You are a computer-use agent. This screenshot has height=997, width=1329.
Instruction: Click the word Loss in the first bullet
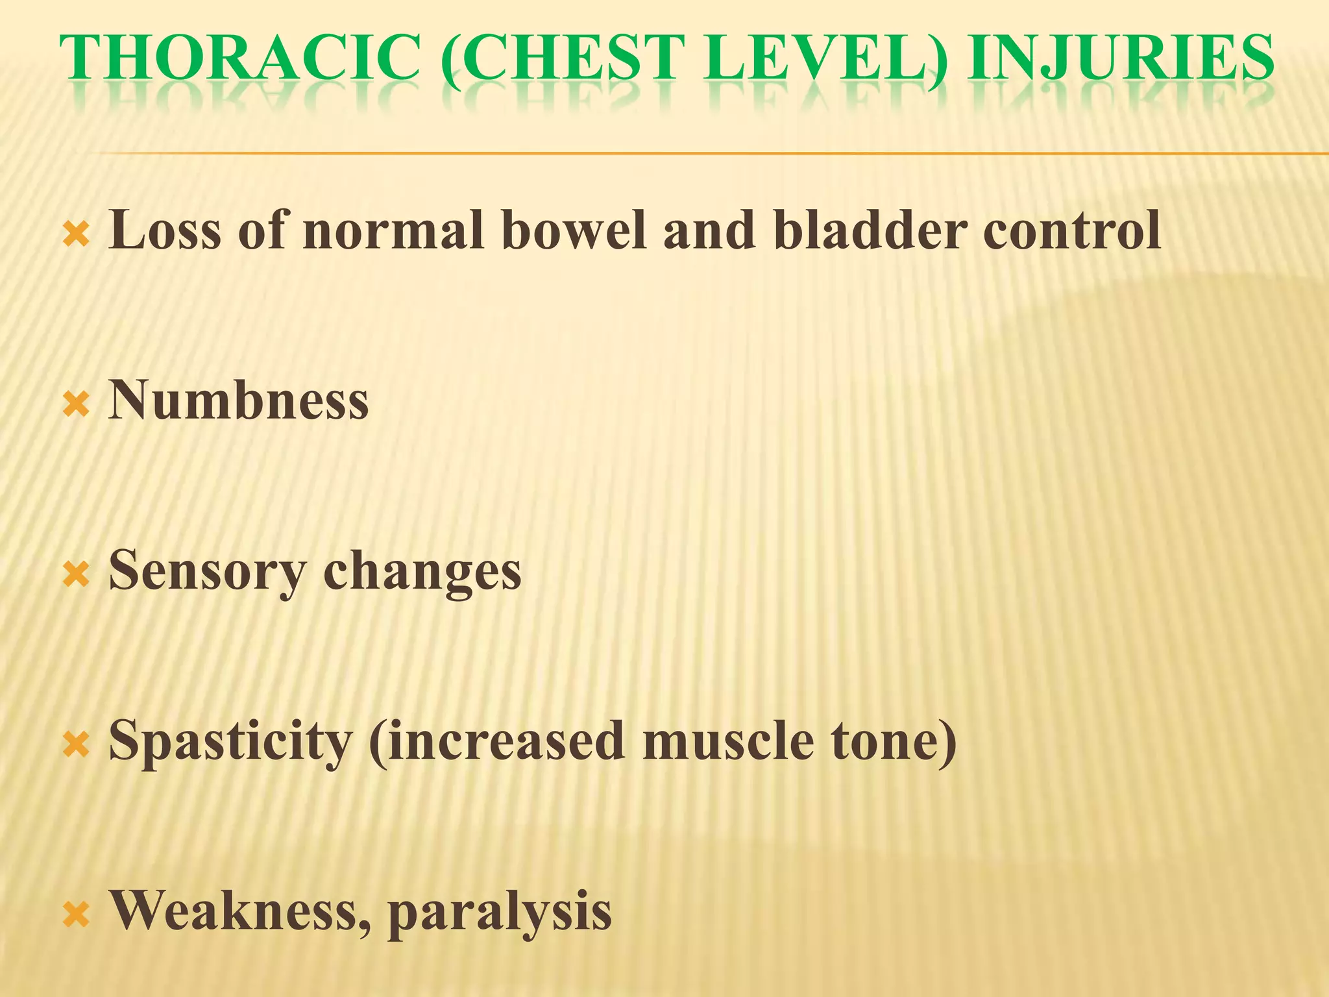tap(165, 230)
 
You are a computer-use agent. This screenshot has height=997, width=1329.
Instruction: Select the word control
tap(1071, 230)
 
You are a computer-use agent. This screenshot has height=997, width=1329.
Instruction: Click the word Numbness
tap(238, 400)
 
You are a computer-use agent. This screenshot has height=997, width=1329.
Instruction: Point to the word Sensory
tap(206, 571)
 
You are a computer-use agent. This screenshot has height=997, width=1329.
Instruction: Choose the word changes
tap(422, 571)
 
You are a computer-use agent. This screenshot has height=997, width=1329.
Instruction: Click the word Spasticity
tap(230, 741)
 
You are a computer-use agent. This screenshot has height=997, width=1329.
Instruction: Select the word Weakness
tap(240, 911)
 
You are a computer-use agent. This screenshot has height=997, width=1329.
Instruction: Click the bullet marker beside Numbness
tap(76, 406)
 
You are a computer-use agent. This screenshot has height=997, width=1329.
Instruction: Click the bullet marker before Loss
tap(76, 236)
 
